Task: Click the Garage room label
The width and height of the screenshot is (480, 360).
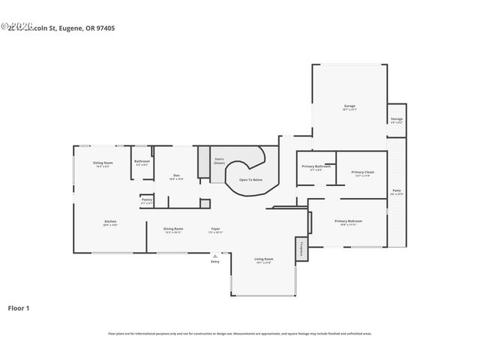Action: coord(349,106)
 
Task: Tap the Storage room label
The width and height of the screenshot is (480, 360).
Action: coord(396,119)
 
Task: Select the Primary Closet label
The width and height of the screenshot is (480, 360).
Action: coord(364,172)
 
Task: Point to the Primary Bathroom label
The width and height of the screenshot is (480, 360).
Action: coord(316,166)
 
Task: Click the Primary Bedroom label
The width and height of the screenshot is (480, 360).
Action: coord(348,221)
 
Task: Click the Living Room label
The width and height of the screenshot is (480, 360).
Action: coord(264,259)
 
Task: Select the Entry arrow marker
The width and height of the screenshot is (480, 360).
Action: coord(214,256)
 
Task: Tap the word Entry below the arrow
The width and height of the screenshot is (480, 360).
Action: coord(214,262)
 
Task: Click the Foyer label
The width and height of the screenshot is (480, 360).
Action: coord(214,229)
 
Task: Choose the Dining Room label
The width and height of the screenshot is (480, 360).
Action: coord(174,229)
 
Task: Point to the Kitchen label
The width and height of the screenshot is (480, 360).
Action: coord(110,221)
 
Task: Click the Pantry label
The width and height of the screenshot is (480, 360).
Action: coord(147,199)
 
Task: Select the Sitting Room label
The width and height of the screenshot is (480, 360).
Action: coord(103,163)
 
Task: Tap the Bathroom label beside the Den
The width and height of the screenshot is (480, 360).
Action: coord(142,161)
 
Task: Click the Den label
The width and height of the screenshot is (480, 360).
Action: coord(176,176)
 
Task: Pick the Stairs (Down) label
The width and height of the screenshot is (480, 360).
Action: coord(220,160)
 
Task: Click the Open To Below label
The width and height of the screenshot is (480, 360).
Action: coord(250,180)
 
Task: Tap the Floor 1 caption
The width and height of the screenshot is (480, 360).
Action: coord(19,307)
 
